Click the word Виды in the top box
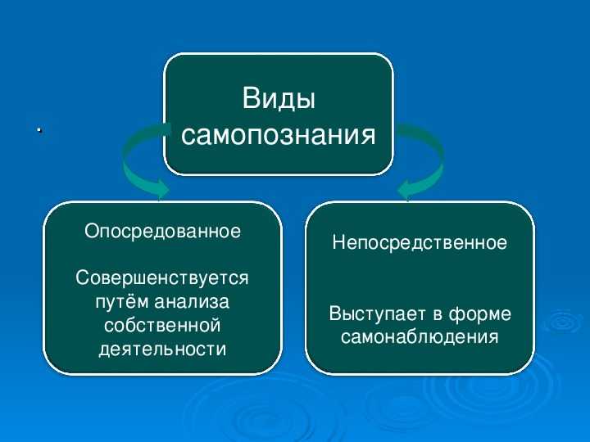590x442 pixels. pos(279,99)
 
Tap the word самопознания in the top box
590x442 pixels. pos(279,134)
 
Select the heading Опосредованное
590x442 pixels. pos(162,231)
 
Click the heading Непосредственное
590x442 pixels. pos(420,242)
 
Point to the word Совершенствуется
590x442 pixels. pos(162,278)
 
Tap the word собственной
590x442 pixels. pos(162,325)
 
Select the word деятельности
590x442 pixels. pos(162,349)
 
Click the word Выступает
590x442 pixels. pos(378,313)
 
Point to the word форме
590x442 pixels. pos(480,313)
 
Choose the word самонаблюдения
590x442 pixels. pos(420,337)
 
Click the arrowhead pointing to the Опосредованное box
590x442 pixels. pos(161,189)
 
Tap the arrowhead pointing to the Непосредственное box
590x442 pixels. pos(406,189)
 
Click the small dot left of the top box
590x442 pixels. pos(39,130)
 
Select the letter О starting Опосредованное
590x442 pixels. pos(92,230)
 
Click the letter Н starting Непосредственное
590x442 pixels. pos(338,242)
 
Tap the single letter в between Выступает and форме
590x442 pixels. pos(438,314)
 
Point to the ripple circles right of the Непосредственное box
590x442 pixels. pos(563,322)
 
